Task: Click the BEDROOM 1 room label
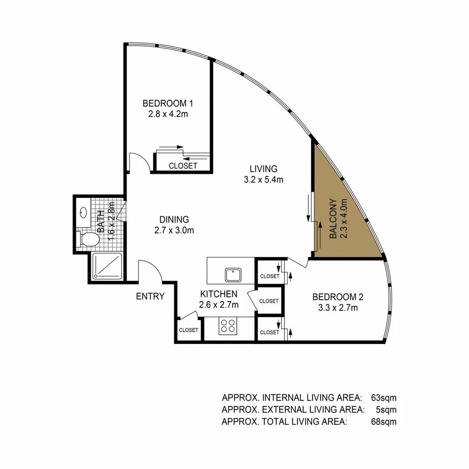[168, 104]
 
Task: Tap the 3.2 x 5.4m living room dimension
[263, 179]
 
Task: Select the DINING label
[174, 219]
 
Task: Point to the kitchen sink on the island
[233, 275]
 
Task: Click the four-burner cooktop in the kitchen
[228, 326]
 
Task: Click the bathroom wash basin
[83, 212]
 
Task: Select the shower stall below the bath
[108, 265]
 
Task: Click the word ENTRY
[150, 297]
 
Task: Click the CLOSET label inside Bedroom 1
[183, 166]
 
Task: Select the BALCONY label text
[333, 218]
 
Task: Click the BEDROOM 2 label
[338, 297]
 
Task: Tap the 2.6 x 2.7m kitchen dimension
[219, 305]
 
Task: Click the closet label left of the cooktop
[189, 330]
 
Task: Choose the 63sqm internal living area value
[384, 397]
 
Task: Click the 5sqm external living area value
[386, 409]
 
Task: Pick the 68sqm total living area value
[384, 421]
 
